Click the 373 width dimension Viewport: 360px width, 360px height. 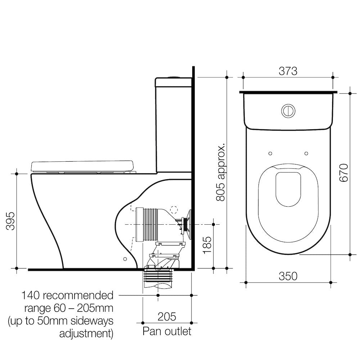coord(288,71)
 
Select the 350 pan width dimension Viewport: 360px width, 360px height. coord(288,276)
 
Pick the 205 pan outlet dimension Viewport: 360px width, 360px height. coord(167,316)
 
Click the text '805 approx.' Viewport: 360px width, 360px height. coord(221,172)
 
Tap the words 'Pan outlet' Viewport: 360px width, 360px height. coord(167,331)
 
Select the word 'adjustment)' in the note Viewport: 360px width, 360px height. coord(86,333)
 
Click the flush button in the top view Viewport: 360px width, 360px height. coord(288,111)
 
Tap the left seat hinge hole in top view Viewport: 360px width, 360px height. coord(270,153)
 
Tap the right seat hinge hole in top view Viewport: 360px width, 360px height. coord(306,153)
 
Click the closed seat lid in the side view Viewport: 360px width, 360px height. coord(82,166)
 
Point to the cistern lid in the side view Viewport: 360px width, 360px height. coord(173,82)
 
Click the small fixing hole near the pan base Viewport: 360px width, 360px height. coord(125,258)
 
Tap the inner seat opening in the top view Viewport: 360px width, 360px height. coord(288,189)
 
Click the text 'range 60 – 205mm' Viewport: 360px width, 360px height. coord(69,308)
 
